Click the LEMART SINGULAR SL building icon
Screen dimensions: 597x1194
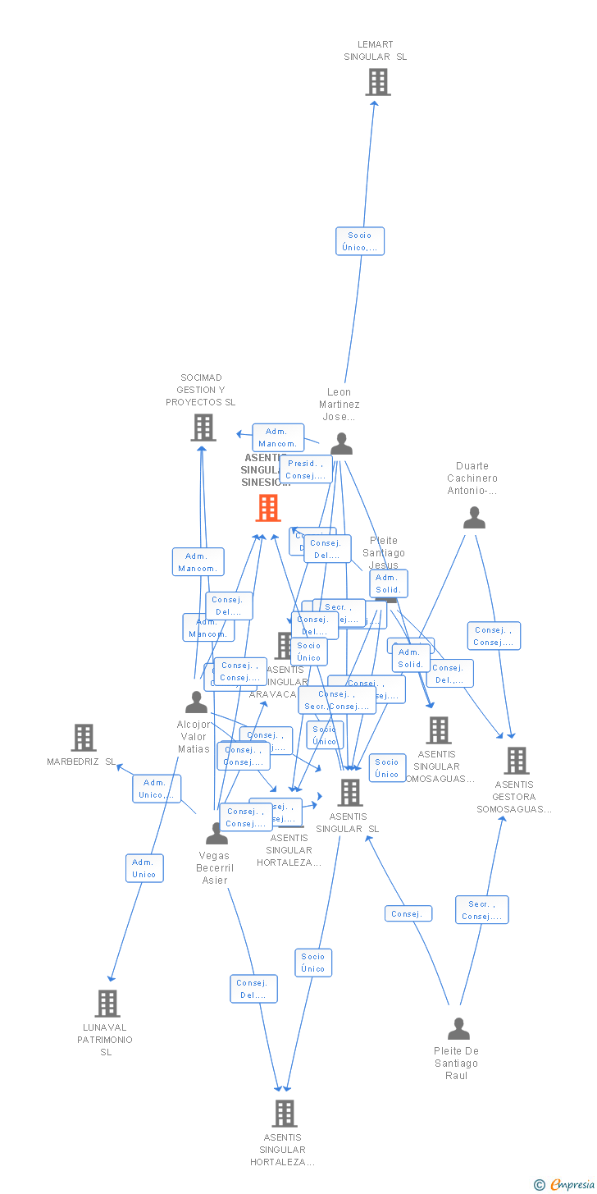pyautogui.click(x=378, y=82)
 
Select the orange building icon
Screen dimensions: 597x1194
pyautogui.click(x=268, y=508)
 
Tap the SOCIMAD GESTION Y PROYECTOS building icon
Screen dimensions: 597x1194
pyautogui.click(x=203, y=428)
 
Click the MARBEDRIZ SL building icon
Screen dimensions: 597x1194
pyautogui.click(x=84, y=738)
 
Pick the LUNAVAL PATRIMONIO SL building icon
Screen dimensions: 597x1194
pyautogui.click(x=107, y=1003)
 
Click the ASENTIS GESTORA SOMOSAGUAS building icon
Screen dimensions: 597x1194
pyautogui.click(x=517, y=761)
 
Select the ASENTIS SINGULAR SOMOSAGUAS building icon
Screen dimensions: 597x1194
pyautogui.click(x=439, y=730)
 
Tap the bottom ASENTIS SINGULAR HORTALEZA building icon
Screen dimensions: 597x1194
pyautogui.click(x=284, y=1114)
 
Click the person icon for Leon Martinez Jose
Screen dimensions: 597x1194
pyautogui.click(x=341, y=444)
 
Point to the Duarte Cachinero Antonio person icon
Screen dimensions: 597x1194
pyautogui.click(x=474, y=518)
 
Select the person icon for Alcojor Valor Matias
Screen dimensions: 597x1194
pyautogui.click(x=197, y=702)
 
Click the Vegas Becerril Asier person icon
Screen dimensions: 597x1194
pyautogui.click(x=216, y=834)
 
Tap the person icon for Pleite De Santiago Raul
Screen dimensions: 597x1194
pyautogui.click(x=458, y=1029)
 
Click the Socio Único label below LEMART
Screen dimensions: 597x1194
pyautogui.click(x=360, y=241)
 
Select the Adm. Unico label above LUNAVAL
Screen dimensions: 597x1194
pyautogui.click(x=144, y=868)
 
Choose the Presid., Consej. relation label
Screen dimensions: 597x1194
pyautogui.click(x=306, y=469)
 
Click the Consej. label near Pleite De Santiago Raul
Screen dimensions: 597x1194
pyautogui.click(x=408, y=913)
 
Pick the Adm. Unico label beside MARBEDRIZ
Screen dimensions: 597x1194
pyautogui.click(x=157, y=789)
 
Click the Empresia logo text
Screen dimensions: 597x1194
pyautogui.click(x=571, y=1184)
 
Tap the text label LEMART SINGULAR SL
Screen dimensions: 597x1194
pyautogui.click(x=376, y=51)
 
